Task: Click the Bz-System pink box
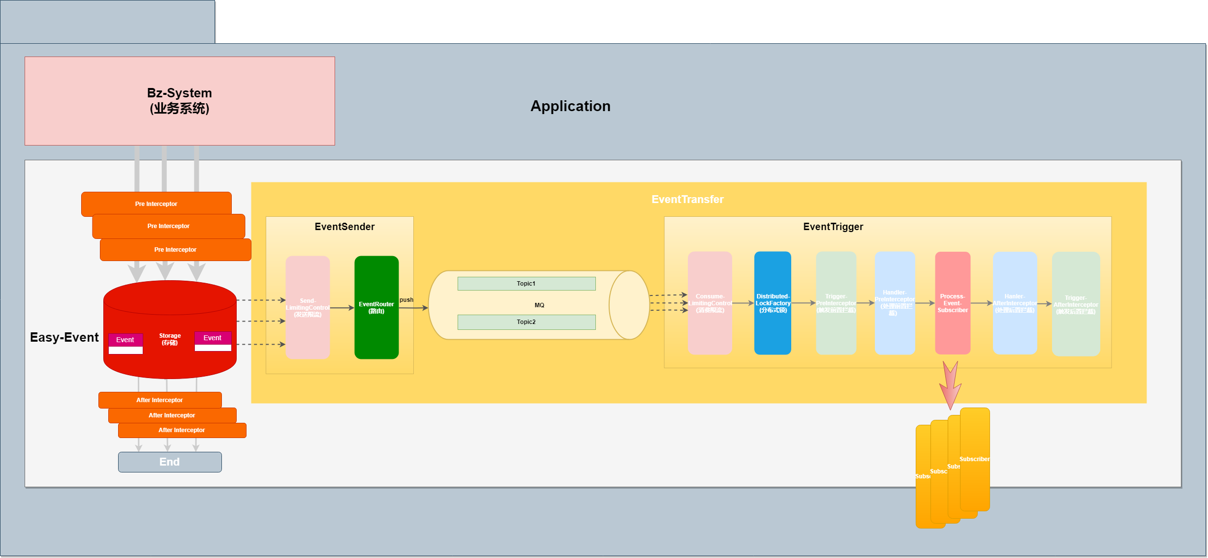click(x=180, y=101)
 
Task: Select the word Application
click(x=570, y=106)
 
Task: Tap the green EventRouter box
click(x=376, y=307)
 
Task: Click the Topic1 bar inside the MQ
click(x=526, y=284)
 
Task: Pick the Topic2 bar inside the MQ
click(x=526, y=322)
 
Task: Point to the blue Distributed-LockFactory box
click(x=773, y=303)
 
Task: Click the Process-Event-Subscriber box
click(x=953, y=303)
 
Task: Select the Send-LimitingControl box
click(x=308, y=307)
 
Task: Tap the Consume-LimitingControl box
click(x=710, y=303)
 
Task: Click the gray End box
click(x=170, y=462)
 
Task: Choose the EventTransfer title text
click(x=687, y=200)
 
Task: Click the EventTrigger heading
click(x=833, y=227)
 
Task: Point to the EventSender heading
click(x=344, y=227)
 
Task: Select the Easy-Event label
click(x=64, y=337)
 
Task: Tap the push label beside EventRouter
click(x=406, y=300)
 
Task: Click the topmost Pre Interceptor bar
click(x=156, y=204)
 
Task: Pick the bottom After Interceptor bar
click(x=182, y=430)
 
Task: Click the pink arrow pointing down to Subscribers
click(x=950, y=386)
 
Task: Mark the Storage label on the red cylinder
click(x=170, y=339)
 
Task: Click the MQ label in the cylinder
click(x=539, y=305)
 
